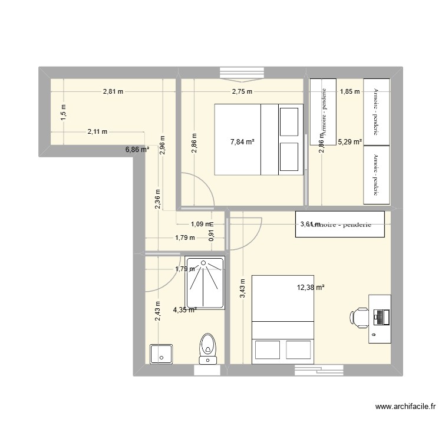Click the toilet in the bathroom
(208, 347)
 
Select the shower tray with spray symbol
(204, 282)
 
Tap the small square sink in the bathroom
(160, 354)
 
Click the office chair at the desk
(359, 317)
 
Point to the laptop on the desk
(380, 317)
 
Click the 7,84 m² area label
(242, 141)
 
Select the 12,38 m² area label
(311, 288)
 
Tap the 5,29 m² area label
(349, 141)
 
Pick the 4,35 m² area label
(185, 309)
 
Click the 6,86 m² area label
(137, 150)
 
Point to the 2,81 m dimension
(113, 91)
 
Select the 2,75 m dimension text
(242, 91)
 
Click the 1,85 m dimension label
(349, 91)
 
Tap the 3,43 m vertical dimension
(242, 289)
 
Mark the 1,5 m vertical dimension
(64, 112)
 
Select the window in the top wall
(242, 73)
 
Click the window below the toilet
(209, 370)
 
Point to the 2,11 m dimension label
(97, 132)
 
